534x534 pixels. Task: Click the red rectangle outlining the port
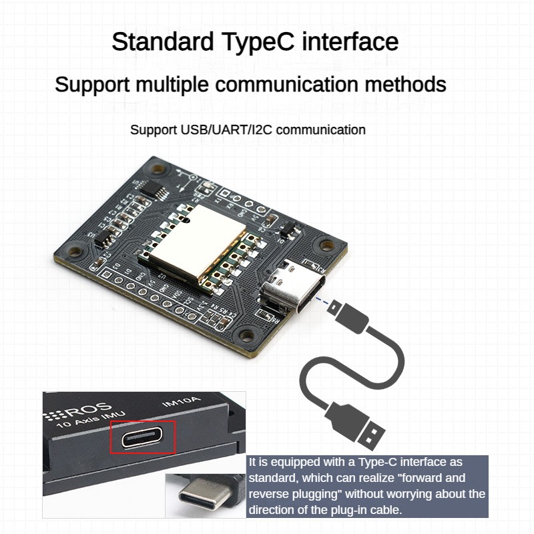143,437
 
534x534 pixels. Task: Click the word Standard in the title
160,42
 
